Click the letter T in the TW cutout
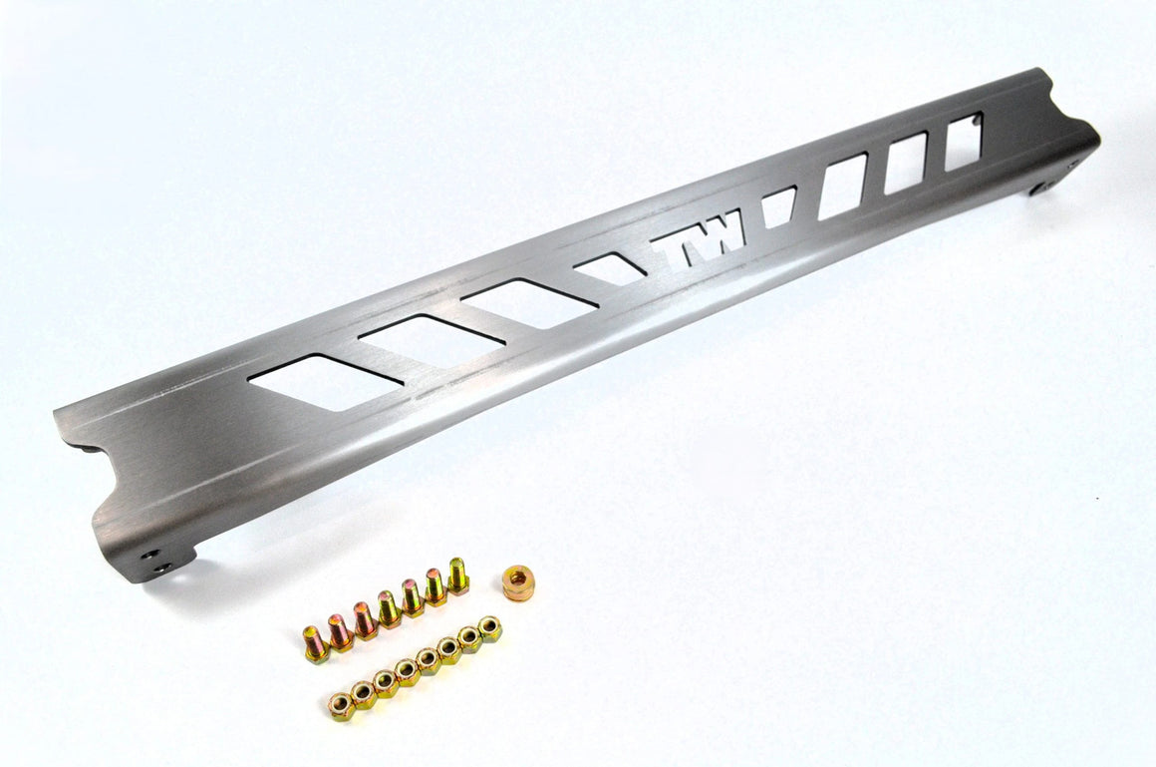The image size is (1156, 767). pos(679,243)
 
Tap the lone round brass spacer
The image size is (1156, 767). pos(518,582)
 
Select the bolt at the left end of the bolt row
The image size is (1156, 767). pos(316,643)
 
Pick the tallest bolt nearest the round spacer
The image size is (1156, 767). pos(457,575)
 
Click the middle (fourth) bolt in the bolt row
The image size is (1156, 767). pos(388,608)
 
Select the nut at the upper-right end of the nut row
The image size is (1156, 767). pos(489,628)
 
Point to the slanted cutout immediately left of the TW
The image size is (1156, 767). pos(609,269)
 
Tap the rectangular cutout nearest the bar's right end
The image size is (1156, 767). pos(964,142)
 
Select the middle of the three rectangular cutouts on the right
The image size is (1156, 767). pos(905,163)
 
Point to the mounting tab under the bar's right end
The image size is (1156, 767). pos(1052,180)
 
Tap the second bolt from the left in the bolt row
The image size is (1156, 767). pos(340,632)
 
